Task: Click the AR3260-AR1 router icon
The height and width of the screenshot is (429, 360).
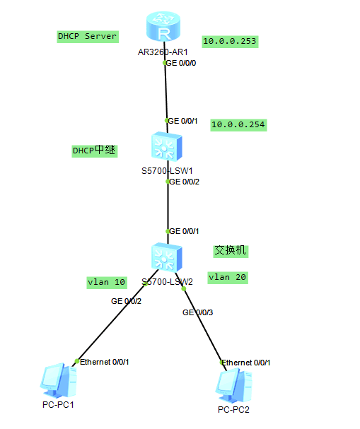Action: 163,26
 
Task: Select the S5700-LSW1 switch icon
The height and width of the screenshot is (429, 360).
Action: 166,146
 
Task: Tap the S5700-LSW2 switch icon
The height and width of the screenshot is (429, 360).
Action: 166,257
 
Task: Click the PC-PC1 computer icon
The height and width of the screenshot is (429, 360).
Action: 58,380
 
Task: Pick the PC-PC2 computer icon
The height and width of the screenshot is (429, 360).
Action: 234,385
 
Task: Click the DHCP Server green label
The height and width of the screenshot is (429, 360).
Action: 88,37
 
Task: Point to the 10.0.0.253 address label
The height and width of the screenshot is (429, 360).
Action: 230,42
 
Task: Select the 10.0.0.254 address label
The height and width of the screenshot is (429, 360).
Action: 238,125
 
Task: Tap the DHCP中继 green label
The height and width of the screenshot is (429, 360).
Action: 95,151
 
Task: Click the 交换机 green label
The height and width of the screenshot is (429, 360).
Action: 231,251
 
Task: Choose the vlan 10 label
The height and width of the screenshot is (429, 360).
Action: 107,283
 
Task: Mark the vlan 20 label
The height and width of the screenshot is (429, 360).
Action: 228,278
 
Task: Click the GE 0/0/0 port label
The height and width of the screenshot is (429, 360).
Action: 181,63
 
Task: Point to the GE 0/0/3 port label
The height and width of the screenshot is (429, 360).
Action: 197,312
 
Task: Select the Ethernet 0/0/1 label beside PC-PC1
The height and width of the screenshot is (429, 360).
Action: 104,363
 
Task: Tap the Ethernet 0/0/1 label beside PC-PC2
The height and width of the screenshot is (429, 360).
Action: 246,363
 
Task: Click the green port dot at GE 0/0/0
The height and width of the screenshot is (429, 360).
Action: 165,63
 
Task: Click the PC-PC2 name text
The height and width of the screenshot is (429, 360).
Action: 233,410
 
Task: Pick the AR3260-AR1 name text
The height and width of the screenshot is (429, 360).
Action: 163,52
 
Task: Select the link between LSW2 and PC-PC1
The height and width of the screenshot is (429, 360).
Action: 115,318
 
